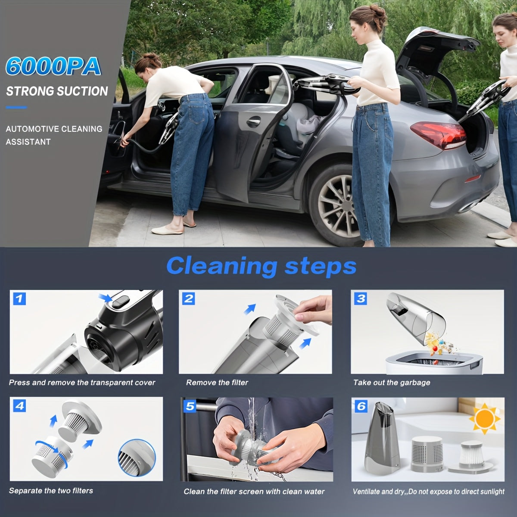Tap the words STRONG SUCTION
point(57,91)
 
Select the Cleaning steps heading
point(261,265)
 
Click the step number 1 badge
point(19,298)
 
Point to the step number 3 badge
point(361,298)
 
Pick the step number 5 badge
point(190,406)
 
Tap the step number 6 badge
point(361,406)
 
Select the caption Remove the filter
point(217,382)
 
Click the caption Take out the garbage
point(392,382)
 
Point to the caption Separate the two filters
point(51,490)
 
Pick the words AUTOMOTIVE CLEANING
point(54,128)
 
